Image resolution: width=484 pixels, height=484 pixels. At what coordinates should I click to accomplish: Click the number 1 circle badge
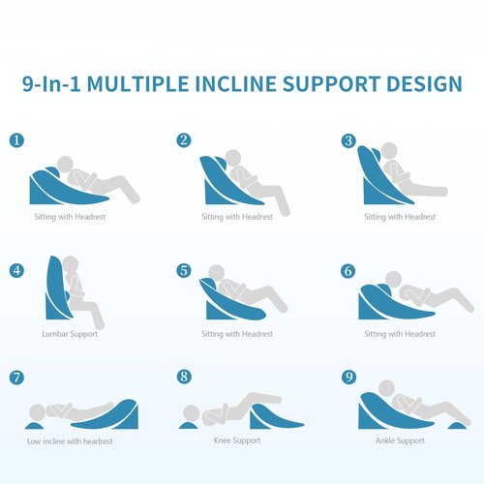[x=16, y=140]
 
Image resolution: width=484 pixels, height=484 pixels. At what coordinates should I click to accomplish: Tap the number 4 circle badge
[x=16, y=270]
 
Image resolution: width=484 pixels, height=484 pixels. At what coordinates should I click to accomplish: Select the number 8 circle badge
[x=184, y=377]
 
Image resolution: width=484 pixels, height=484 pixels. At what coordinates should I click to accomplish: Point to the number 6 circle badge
[x=348, y=271]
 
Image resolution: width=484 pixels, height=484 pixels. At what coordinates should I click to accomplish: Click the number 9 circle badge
[x=348, y=377]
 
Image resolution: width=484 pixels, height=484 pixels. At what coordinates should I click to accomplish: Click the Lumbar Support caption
[x=70, y=334]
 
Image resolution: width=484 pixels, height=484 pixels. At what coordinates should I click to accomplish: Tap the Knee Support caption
[x=237, y=440]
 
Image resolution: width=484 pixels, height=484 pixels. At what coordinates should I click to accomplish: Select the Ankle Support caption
[x=400, y=440]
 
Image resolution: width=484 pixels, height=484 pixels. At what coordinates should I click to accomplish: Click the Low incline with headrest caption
[x=70, y=441]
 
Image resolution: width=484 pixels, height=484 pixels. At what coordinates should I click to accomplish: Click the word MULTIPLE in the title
[x=137, y=84]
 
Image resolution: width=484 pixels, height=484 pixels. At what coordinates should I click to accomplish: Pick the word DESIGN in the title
[x=424, y=84]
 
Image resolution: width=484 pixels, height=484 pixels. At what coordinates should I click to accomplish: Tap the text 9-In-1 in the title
[x=51, y=84]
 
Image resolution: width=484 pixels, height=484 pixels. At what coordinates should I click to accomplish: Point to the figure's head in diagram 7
[x=38, y=412]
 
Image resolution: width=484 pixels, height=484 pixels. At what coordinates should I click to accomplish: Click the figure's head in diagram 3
[x=389, y=151]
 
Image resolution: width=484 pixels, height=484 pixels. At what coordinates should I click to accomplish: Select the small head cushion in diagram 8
[x=188, y=425]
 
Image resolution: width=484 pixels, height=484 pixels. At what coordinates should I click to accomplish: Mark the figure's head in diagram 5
[x=216, y=273]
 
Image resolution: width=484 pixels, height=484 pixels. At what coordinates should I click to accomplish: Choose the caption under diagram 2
[x=237, y=217]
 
